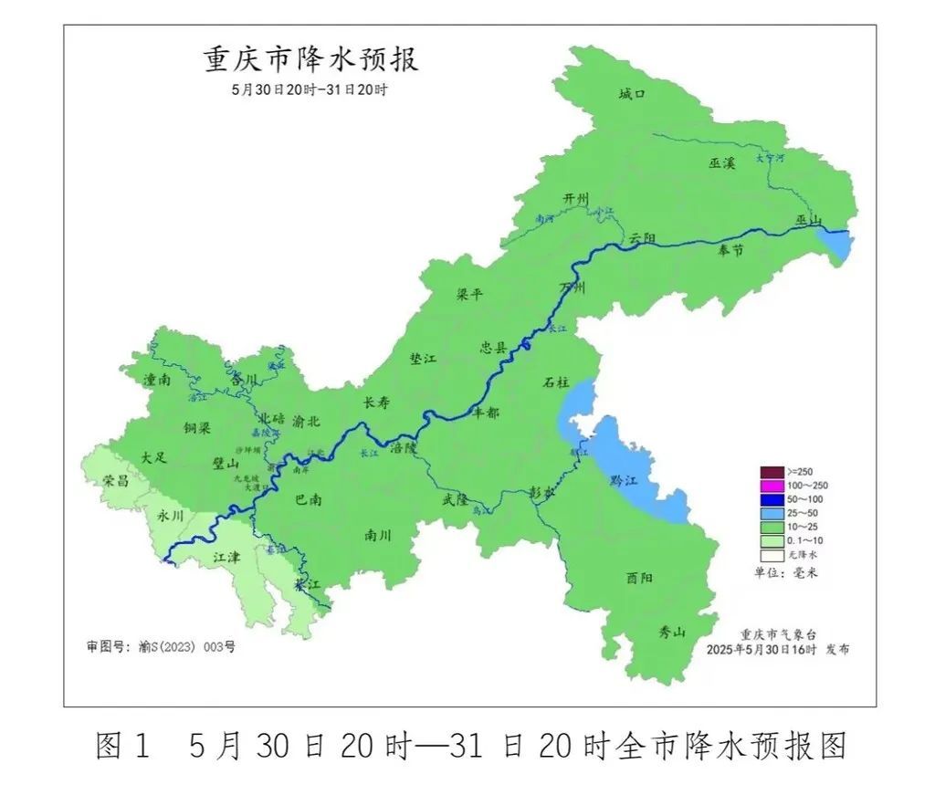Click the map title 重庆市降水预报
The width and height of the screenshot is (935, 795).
click(310, 60)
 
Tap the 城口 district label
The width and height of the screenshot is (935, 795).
click(631, 94)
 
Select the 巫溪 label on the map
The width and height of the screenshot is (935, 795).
click(721, 162)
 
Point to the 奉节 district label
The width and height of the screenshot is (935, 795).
click(731, 248)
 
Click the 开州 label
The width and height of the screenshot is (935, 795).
click(576, 199)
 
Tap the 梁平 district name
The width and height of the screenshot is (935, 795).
click(469, 294)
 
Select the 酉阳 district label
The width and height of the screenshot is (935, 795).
click(639, 577)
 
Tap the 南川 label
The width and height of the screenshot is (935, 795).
click(377, 535)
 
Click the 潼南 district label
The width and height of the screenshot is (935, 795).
click(157, 378)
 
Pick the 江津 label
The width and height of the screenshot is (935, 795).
click(226, 557)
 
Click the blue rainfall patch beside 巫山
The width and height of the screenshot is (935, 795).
click(835, 244)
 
